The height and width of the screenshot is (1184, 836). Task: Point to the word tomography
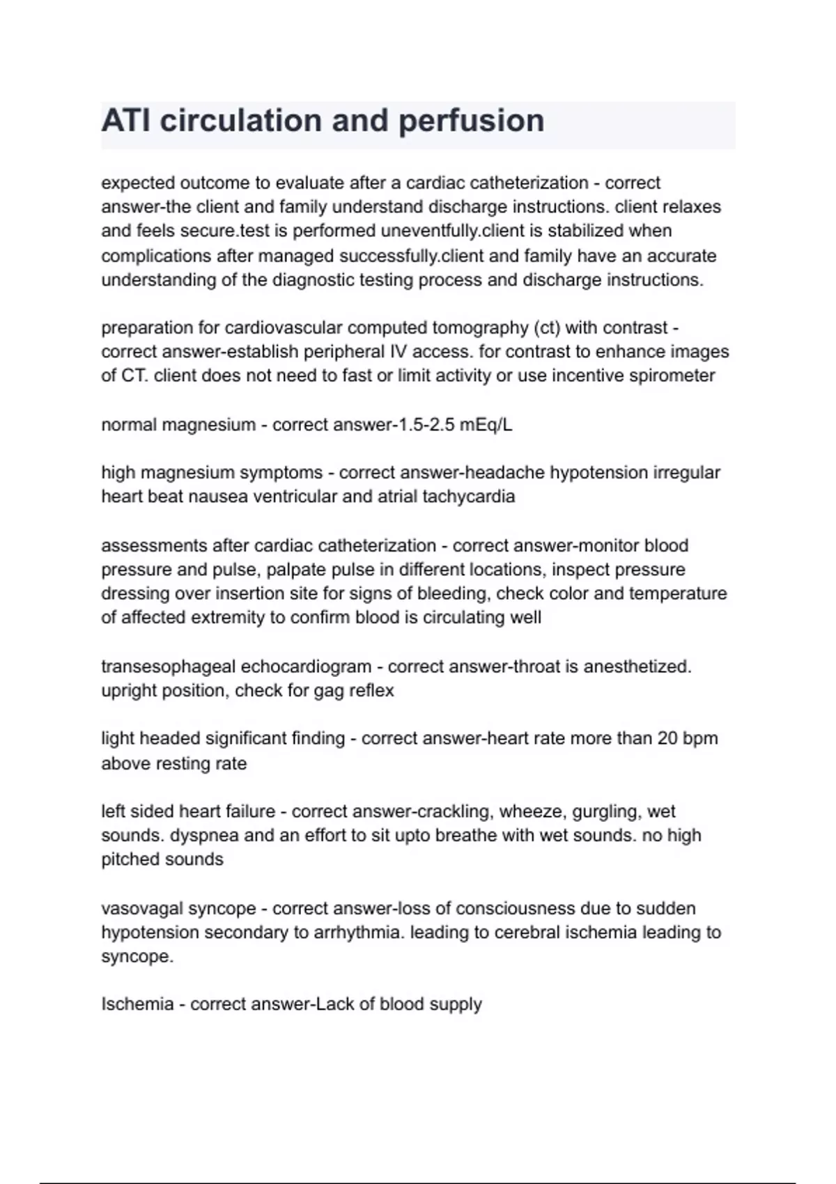click(x=471, y=327)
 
